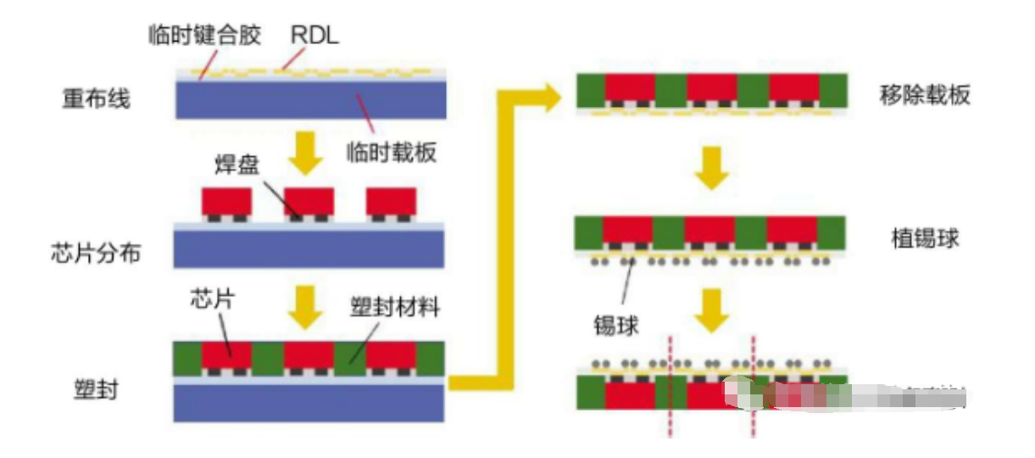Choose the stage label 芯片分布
point(102,253)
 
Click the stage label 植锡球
point(925,237)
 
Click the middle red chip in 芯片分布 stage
point(309,201)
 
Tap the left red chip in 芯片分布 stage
point(227,201)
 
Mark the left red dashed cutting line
point(671,386)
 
